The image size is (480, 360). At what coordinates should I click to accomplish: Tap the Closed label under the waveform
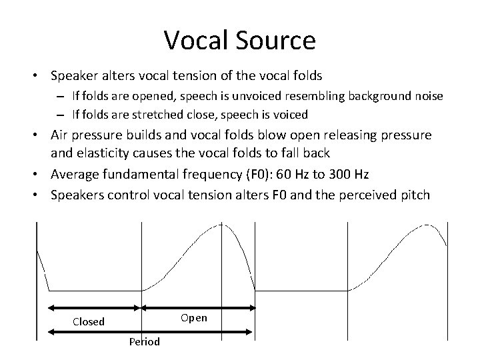coord(89,322)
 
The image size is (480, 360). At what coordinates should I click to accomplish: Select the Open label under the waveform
coord(194,318)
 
